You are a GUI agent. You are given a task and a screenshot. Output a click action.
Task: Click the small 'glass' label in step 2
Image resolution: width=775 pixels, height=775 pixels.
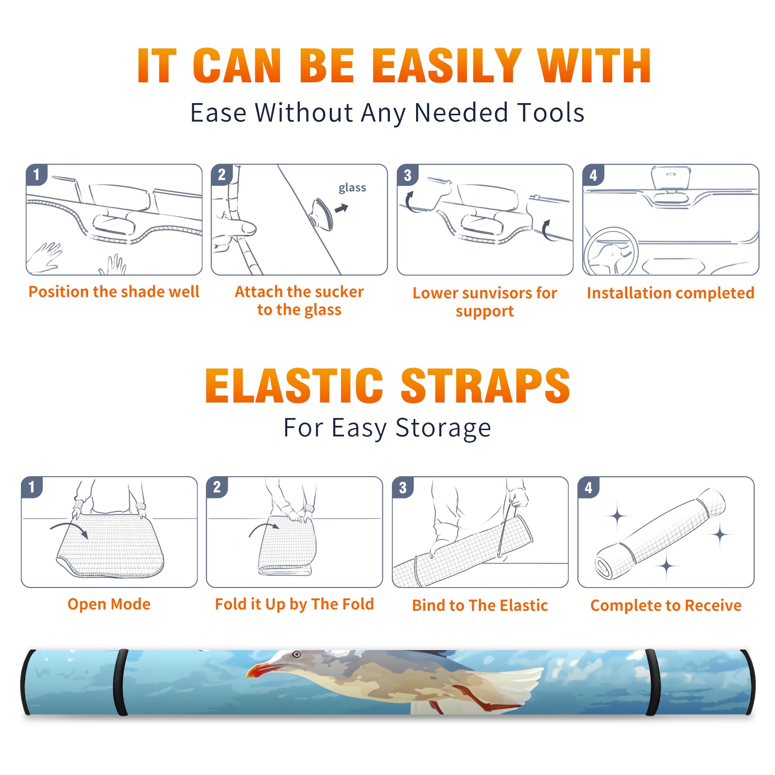point(352,188)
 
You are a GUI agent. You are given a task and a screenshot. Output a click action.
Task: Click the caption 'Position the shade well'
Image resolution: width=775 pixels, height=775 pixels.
point(114,292)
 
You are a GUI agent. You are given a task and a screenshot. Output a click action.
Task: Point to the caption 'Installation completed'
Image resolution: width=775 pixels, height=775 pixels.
point(670,293)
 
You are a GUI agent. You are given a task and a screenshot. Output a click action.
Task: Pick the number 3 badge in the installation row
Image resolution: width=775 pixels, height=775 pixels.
point(407,175)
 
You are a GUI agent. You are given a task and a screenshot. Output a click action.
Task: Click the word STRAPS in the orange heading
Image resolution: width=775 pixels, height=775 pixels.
point(485,386)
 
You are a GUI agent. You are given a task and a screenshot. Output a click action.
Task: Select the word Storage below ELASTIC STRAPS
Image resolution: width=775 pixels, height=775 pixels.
point(443,428)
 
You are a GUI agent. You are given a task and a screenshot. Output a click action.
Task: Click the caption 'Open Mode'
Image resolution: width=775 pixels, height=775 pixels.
point(109,604)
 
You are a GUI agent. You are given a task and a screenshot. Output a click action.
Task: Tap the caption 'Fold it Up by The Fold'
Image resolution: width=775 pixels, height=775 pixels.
point(294,604)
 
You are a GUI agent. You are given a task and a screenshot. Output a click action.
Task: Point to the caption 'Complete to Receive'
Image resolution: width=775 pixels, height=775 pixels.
point(666,605)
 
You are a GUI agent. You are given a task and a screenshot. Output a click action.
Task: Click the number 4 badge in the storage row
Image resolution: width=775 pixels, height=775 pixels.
point(589,488)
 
